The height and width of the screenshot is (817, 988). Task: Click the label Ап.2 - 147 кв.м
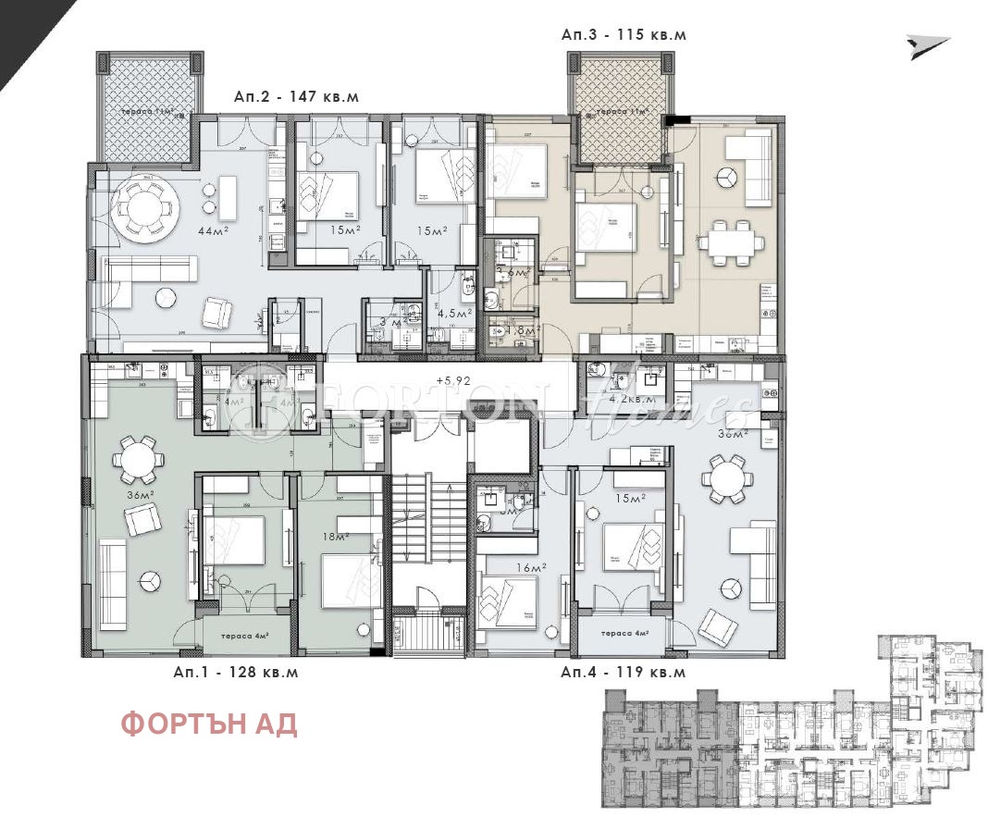click(x=295, y=96)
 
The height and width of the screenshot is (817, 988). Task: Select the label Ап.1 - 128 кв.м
click(x=236, y=673)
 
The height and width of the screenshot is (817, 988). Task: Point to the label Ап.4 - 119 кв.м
click(x=624, y=673)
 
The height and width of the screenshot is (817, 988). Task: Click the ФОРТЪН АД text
click(x=209, y=724)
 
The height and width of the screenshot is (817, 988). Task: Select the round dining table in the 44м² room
click(x=145, y=209)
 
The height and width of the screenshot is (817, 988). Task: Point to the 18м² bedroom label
click(x=334, y=537)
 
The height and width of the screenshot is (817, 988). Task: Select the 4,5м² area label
click(x=456, y=313)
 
